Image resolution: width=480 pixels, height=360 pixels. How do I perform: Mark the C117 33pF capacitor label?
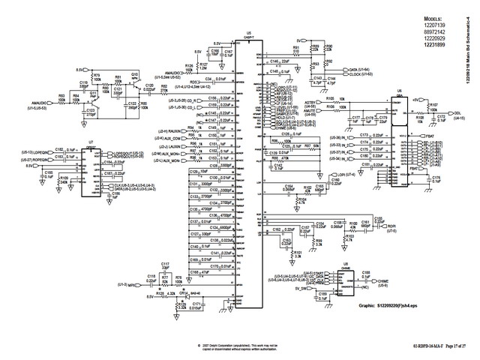(165, 266)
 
